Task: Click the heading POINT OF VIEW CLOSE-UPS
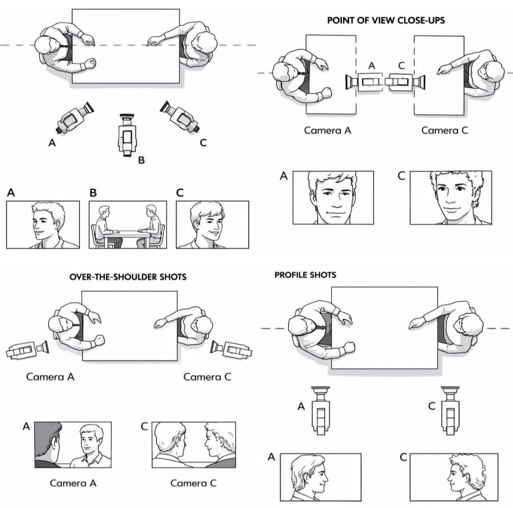point(386,20)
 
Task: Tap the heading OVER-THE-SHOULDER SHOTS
point(128,277)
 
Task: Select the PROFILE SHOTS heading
point(305,275)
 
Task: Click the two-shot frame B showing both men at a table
point(127,225)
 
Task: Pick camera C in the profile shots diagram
point(450,410)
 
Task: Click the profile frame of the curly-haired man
point(454,477)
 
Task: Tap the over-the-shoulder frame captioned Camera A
point(73,445)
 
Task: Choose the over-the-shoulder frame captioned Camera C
point(194,445)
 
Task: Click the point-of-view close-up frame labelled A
point(333,198)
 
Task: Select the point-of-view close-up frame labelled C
point(451,198)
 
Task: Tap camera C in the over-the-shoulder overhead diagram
point(231,349)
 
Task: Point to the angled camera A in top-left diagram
point(75,117)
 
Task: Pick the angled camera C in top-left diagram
point(180,116)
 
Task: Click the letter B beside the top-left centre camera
point(141,161)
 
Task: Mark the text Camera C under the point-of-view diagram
point(445,130)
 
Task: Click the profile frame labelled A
point(320,477)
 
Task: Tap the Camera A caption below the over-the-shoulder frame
point(73,483)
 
